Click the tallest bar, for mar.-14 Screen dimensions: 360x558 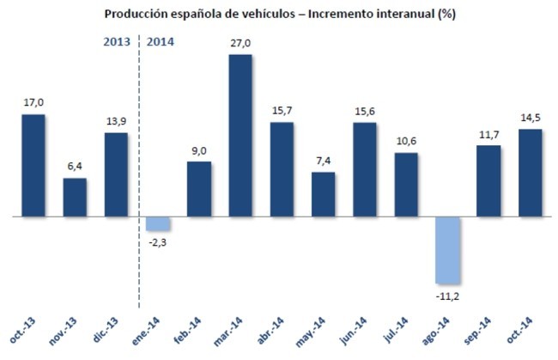[240, 136]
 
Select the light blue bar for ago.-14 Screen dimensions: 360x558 [448, 250]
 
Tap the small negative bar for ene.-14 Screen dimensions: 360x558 [158, 223]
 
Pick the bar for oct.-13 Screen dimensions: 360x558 [33, 165]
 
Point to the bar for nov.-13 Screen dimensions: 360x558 [76, 197]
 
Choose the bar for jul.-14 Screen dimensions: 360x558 [406, 185]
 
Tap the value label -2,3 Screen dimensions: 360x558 [158, 243]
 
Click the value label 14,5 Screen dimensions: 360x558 [531, 119]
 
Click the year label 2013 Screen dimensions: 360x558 [117, 41]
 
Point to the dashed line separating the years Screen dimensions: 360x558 [138, 172]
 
